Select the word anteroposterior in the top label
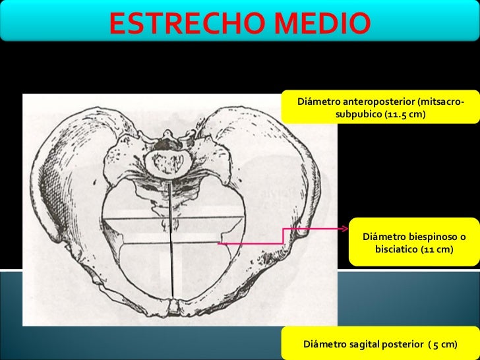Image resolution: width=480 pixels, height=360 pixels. tap(373, 103)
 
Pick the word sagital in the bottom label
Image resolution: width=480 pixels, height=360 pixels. tap(369, 344)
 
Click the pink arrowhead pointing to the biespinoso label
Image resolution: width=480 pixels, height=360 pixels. tap(344, 229)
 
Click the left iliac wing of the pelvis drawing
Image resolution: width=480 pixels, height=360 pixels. tap(63, 171)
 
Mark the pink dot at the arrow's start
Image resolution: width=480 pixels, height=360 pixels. tap(220, 244)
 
